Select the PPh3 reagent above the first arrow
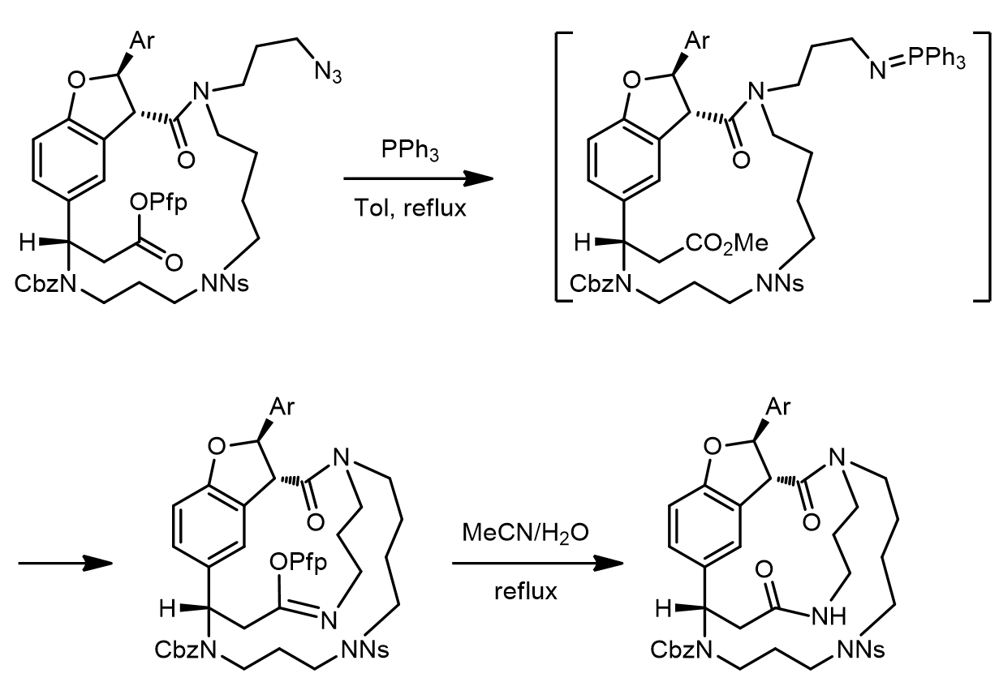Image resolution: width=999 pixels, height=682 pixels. click(x=410, y=149)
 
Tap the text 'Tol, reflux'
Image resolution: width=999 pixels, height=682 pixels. click(x=410, y=208)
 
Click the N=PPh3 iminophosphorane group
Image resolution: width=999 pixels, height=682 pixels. click(x=917, y=62)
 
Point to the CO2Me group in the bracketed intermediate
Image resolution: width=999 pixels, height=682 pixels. click(x=726, y=244)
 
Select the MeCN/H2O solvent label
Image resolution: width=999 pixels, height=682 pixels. click(x=525, y=533)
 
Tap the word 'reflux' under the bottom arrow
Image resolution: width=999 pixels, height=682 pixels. click(x=526, y=592)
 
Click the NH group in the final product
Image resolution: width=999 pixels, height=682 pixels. click(x=829, y=617)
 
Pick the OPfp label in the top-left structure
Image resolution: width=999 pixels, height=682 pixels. click(x=158, y=204)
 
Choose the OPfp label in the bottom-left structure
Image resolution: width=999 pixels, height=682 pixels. click(x=299, y=563)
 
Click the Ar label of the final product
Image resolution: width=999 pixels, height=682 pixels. click(x=779, y=406)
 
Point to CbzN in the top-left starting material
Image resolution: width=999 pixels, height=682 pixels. click(x=45, y=284)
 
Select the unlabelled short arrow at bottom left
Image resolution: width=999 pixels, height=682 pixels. click(x=65, y=564)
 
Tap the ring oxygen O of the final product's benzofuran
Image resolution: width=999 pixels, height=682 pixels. click(x=713, y=446)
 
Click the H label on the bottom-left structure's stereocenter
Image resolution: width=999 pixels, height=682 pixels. click(x=168, y=609)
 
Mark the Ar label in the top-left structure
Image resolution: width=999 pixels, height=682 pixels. click(x=142, y=41)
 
